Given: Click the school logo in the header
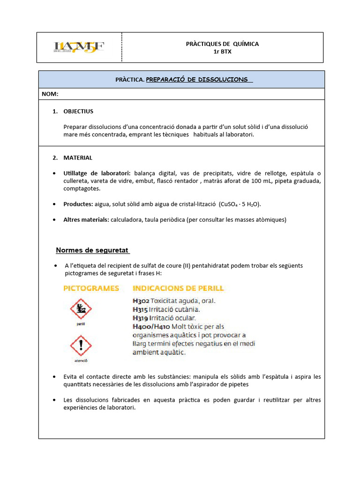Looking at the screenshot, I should pyautogui.click(x=79, y=47).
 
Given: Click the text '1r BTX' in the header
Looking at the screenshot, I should pyautogui.click(x=222, y=52).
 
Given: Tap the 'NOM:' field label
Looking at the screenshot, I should pyautogui.click(x=50, y=94).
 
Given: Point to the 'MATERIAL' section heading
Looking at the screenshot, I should pyautogui.click(x=78, y=157).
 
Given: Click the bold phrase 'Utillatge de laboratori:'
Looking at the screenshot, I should pyautogui.click(x=97, y=173).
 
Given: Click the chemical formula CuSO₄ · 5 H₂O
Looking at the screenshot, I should pyautogui.click(x=240, y=204).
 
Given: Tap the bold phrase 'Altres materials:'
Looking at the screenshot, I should pyautogui.click(x=86, y=219).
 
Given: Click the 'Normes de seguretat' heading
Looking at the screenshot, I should pyautogui.click(x=92, y=250).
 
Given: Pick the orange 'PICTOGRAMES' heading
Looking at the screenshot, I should pyautogui.click(x=91, y=288).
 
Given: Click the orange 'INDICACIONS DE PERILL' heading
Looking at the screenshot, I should pyautogui.click(x=179, y=288).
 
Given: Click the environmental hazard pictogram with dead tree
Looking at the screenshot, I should pyautogui.click(x=81, y=309).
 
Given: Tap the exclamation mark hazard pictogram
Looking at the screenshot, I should pyautogui.click(x=81, y=346).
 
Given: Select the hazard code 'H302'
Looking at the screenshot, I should pyautogui.click(x=141, y=301).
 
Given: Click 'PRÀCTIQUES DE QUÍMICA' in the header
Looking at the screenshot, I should pyautogui.click(x=222, y=44).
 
